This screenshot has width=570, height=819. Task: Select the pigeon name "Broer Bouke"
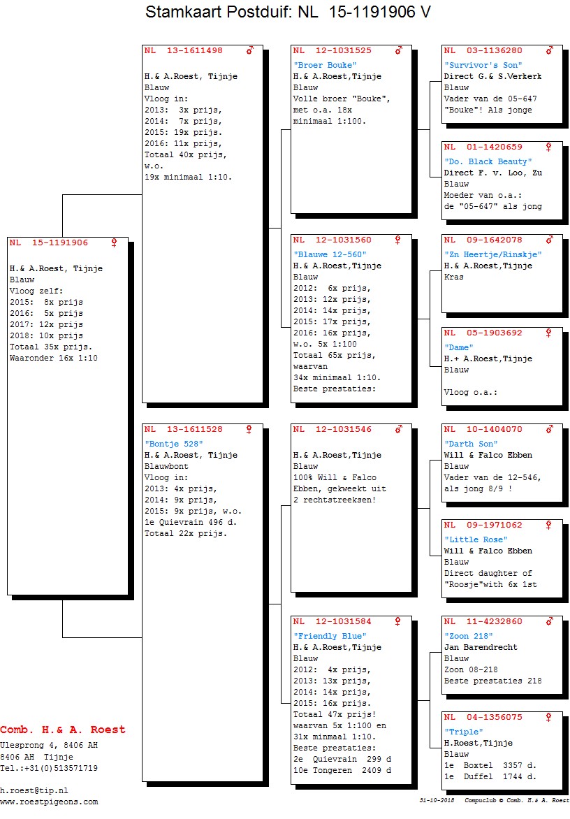(325, 65)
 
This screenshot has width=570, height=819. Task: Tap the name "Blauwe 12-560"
(330, 255)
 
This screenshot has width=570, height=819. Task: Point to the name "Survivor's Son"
(483, 65)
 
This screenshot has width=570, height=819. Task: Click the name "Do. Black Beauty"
(488, 162)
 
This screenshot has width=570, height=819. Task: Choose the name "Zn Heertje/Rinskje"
(492, 255)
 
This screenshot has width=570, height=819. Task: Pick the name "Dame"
(459, 348)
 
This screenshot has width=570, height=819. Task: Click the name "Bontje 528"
(174, 444)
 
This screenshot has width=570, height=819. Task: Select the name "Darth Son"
(471, 444)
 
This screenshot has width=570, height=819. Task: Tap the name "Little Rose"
(476, 540)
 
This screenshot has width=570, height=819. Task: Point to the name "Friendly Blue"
(330, 636)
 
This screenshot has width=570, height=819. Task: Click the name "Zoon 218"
(468, 636)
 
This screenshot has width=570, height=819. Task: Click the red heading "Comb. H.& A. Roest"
(63, 730)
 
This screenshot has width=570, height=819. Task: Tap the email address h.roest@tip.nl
(34, 791)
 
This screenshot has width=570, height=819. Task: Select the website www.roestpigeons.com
(49, 802)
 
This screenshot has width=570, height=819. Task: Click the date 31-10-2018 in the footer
(437, 800)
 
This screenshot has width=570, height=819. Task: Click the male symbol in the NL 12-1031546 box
(400, 429)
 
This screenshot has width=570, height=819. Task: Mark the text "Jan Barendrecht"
(481, 647)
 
